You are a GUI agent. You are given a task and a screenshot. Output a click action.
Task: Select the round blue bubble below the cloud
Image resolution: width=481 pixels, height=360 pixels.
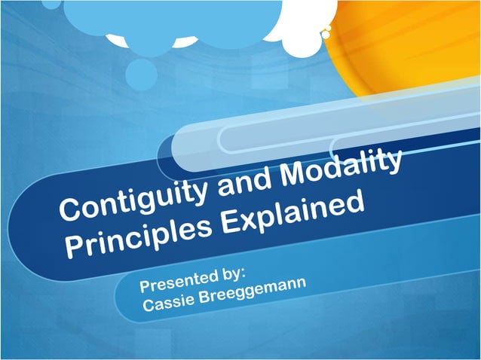[141, 73]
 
